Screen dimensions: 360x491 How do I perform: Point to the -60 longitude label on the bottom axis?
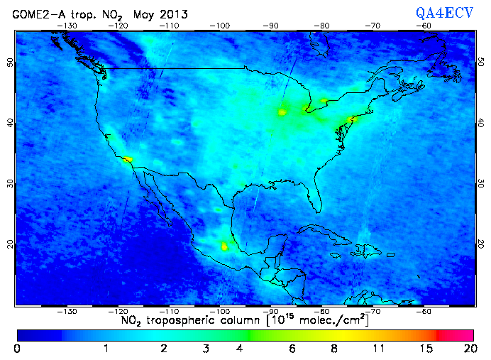point(424,312)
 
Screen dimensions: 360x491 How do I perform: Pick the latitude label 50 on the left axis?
point(9,62)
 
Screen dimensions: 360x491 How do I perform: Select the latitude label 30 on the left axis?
point(9,183)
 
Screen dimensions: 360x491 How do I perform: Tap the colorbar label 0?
point(17,349)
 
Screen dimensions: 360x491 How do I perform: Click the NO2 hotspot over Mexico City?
point(225,246)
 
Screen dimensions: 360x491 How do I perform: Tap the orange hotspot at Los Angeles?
point(127,160)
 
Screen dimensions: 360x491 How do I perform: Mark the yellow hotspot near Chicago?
point(282,111)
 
